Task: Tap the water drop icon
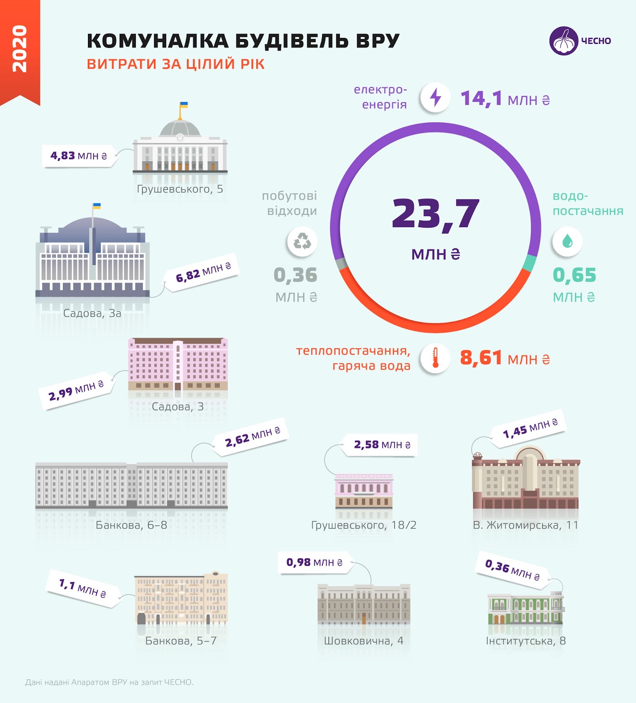(x=567, y=241)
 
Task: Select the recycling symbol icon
(x=302, y=241)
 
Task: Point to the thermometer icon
(x=435, y=358)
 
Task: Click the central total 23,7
(x=435, y=214)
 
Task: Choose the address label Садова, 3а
(x=92, y=313)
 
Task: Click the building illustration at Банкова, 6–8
(x=131, y=486)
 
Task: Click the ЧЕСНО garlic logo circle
(x=563, y=41)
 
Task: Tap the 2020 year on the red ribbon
(x=20, y=48)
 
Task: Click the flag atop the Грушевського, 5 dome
(x=184, y=105)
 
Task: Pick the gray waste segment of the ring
(x=341, y=264)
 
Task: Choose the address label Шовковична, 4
(x=363, y=641)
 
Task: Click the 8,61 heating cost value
(x=481, y=358)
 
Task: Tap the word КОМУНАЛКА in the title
(x=158, y=41)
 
